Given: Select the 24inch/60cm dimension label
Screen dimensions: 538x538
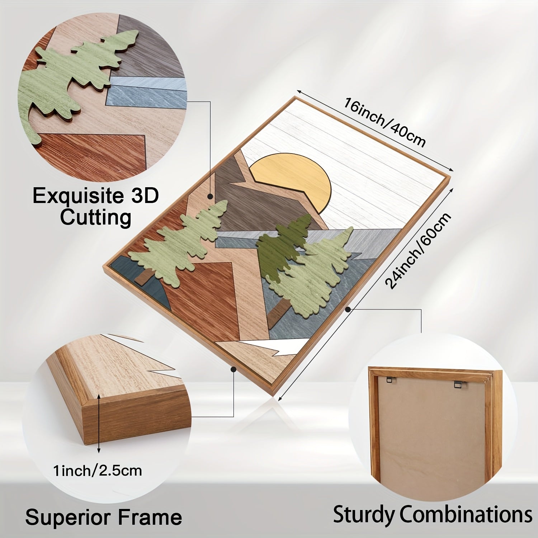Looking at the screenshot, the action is (x=418, y=251).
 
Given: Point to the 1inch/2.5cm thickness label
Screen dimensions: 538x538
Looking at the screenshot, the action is (x=98, y=470).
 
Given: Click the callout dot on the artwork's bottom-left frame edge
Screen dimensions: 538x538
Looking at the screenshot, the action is (x=233, y=368).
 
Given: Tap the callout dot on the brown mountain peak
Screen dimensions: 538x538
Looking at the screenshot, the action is (x=210, y=196).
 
